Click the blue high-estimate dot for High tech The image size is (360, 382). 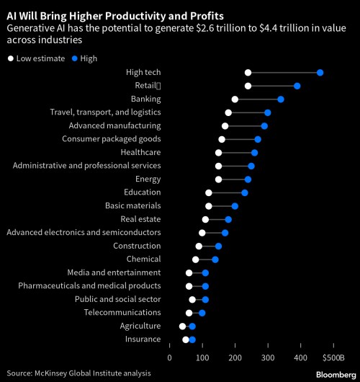click(x=320, y=73)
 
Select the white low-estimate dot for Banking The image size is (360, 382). click(x=235, y=99)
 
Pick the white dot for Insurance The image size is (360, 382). click(x=186, y=339)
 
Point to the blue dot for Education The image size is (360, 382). click(x=245, y=192)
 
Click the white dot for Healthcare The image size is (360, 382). click(x=218, y=153)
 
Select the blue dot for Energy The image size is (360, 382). click(x=248, y=179)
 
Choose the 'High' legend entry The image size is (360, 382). click(x=84, y=58)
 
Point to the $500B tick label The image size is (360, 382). click(x=334, y=356)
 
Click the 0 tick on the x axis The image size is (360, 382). click(x=170, y=356)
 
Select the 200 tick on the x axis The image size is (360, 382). click(x=235, y=356)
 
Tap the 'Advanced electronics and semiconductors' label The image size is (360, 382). click(x=84, y=233)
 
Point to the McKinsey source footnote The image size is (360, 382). click(x=79, y=373)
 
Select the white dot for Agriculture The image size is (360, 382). click(x=183, y=327)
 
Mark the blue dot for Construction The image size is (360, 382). click(x=218, y=246)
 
